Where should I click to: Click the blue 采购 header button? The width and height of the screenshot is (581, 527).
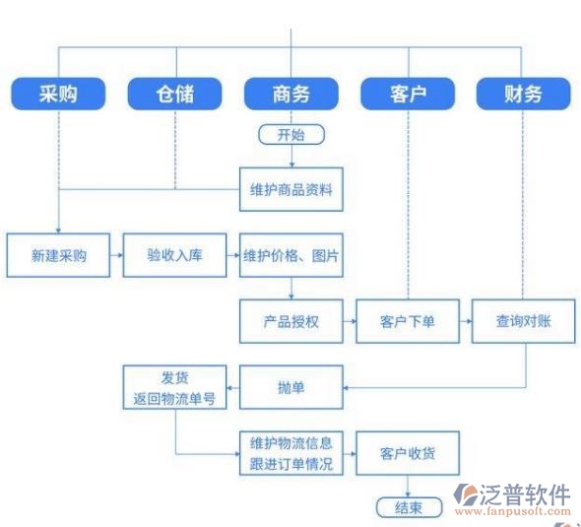click(x=58, y=94)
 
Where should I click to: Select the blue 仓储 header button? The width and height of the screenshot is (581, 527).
click(x=174, y=94)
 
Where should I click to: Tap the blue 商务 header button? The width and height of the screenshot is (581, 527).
click(x=290, y=94)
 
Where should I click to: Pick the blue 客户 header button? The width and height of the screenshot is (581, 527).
click(x=408, y=94)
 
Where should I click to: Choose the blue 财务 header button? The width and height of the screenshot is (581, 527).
click(x=523, y=94)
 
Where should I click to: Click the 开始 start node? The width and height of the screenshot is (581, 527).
click(x=290, y=134)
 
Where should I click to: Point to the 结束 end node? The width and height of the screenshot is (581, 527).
click(x=409, y=507)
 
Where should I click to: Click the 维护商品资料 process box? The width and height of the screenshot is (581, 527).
click(x=291, y=189)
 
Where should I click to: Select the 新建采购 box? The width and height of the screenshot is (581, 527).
click(x=58, y=255)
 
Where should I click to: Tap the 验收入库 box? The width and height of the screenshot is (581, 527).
click(x=174, y=255)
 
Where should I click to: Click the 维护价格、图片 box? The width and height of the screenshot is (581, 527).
click(x=291, y=255)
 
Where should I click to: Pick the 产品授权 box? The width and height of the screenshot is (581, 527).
click(x=291, y=321)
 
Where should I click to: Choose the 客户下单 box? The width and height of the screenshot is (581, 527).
click(x=408, y=321)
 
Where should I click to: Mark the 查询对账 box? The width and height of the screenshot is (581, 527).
click(x=523, y=321)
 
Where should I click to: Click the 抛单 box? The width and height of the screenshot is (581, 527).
click(x=291, y=387)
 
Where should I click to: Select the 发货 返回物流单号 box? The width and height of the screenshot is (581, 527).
click(x=174, y=387)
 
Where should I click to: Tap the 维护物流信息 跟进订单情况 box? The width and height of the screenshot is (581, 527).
click(x=291, y=452)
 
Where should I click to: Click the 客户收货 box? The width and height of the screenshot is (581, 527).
click(x=408, y=452)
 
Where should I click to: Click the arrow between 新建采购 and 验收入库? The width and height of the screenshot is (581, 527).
click(x=116, y=255)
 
